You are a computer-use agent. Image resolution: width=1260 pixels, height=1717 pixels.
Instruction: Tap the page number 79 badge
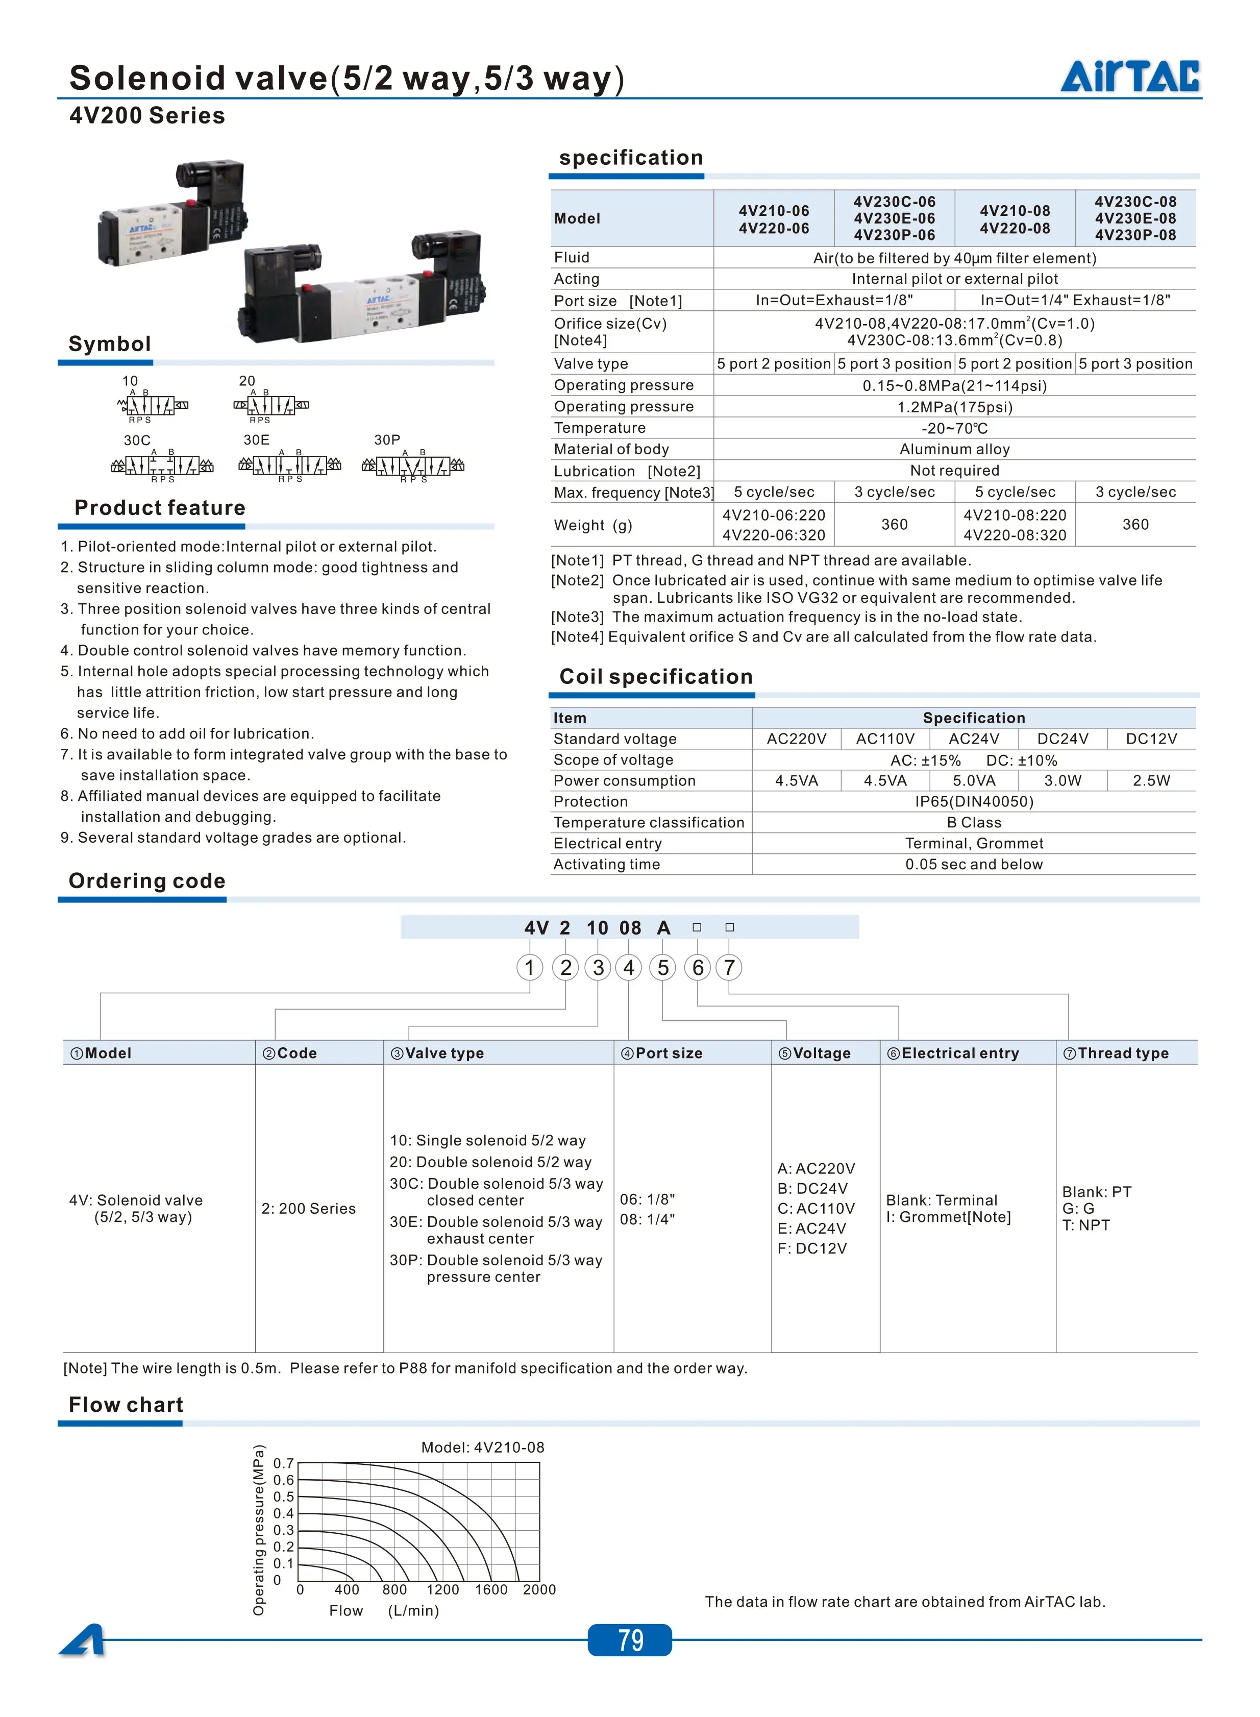pyautogui.click(x=630, y=1639)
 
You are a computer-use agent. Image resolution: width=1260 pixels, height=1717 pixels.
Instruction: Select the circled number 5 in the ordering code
pyautogui.click(x=663, y=967)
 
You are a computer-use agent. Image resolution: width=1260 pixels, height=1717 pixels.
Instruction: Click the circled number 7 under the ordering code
pyautogui.click(x=729, y=967)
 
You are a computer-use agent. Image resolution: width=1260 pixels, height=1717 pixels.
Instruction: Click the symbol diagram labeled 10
pyautogui.click(x=153, y=405)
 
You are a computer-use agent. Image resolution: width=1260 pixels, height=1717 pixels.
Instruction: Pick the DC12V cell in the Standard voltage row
pyautogui.click(x=1151, y=739)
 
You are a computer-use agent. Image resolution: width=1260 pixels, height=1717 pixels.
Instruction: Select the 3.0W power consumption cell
pyautogui.click(x=1063, y=780)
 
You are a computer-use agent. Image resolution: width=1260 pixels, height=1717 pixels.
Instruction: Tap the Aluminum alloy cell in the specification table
pyautogui.click(x=954, y=449)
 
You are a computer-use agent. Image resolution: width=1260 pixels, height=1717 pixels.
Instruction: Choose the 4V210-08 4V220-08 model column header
pyautogui.click(x=1015, y=219)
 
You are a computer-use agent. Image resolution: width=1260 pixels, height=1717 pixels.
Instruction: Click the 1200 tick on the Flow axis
pyautogui.click(x=442, y=1589)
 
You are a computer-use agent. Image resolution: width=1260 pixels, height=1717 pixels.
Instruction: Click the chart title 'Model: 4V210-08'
pyautogui.click(x=483, y=1447)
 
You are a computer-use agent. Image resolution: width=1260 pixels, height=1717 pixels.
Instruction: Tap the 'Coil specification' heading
pyautogui.click(x=656, y=677)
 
